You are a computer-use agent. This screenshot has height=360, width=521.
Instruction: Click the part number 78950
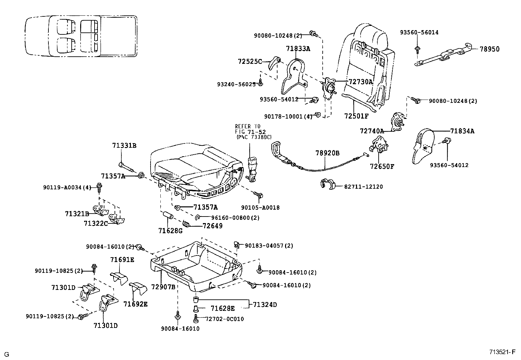point(490,49)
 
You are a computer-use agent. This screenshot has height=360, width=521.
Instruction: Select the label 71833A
point(298,49)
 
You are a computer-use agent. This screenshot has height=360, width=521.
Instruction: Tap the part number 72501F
point(356,116)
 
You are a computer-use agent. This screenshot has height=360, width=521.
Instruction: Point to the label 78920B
point(327,153)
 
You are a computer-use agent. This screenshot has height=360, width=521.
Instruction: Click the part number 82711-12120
point(363,187)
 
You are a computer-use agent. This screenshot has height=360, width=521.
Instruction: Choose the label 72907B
point(163,287)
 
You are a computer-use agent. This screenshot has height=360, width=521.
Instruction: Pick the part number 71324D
point(265,305)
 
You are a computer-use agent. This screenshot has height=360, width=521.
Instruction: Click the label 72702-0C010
point(225,319)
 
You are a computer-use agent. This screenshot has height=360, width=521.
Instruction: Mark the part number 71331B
point(124,146)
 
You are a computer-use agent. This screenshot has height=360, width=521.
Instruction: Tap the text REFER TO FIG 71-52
point(250,129)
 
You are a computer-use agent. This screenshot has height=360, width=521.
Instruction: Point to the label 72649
point(213,226)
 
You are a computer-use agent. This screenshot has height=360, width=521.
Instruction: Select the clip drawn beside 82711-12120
point(327,184)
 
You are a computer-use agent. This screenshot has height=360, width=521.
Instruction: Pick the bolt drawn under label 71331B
point(126,166)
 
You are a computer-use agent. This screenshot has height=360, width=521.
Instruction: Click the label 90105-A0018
point(260,208)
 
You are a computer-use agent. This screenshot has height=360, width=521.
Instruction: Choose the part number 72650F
point(382,166)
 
